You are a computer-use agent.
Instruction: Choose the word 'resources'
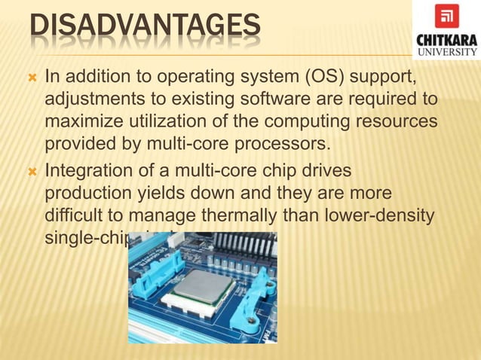[397, 121]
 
